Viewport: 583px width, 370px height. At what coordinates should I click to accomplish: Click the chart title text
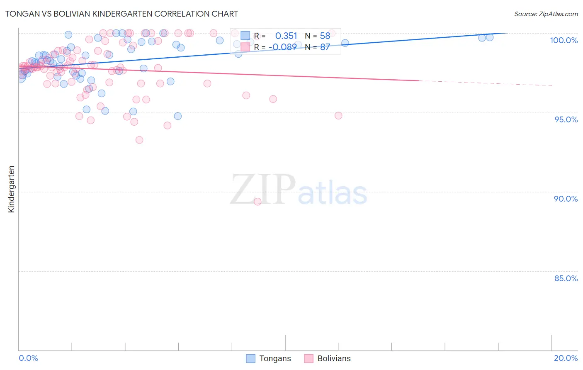(121, 14)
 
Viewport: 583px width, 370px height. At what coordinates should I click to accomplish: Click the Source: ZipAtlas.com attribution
(546, 14)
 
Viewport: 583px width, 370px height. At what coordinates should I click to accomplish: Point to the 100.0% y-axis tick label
(564, 40)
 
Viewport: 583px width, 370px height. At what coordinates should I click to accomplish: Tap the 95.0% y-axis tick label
(566, 119)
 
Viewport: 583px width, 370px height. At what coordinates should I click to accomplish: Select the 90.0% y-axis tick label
(566, 199)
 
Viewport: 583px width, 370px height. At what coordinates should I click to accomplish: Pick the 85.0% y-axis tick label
(566, 278)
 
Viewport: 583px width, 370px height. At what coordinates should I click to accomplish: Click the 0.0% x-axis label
(28, 358)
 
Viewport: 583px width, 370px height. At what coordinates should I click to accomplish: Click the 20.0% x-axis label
(566, 358)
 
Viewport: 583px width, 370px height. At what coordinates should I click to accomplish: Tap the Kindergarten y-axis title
(11, 189)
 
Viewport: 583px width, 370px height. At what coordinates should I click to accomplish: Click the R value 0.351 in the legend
(286, 36)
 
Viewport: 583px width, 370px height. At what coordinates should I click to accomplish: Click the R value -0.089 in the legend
(282, 47)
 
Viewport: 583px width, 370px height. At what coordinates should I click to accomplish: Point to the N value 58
(325, 36)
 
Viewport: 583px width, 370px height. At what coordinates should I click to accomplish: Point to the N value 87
(325, 47)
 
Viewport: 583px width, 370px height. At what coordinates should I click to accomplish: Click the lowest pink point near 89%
(257, 202)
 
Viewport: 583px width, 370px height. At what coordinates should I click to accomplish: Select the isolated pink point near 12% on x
(338, 116)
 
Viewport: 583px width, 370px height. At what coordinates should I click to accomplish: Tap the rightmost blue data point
(490, 37)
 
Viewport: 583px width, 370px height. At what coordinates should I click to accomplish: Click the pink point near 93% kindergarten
(139, 140)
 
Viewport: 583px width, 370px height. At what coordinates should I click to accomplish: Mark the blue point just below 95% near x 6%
(177, 116)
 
